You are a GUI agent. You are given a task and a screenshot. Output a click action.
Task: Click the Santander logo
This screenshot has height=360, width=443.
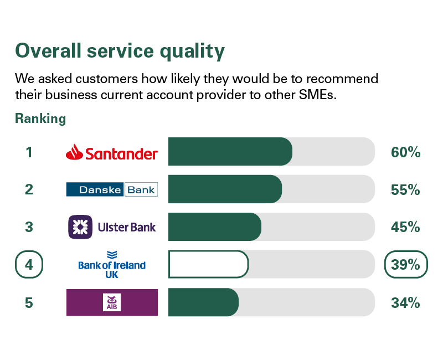112,152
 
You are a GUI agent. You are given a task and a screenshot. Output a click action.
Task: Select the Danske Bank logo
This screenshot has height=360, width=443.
112,189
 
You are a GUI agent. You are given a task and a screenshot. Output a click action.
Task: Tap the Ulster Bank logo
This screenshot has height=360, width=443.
112,227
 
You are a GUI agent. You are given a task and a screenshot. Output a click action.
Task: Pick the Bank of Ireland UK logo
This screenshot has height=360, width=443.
112,265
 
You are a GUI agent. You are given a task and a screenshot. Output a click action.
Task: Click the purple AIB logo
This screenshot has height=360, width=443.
112,302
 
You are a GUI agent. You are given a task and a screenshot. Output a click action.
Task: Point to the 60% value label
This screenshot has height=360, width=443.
406,152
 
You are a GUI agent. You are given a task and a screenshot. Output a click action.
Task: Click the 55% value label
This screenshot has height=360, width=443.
405,189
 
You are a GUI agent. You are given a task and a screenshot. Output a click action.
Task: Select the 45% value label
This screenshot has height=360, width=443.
405,227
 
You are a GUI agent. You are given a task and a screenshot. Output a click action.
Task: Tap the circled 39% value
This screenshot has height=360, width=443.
406,265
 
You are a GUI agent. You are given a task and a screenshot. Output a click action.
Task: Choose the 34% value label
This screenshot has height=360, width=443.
405,302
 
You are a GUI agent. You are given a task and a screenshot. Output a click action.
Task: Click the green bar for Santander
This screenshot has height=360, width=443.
230,151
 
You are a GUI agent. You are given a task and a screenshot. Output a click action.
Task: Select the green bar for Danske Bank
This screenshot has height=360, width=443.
225,189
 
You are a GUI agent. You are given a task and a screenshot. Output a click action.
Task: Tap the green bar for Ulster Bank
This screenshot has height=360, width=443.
215,227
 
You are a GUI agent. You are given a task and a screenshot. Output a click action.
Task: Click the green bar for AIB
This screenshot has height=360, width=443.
203,302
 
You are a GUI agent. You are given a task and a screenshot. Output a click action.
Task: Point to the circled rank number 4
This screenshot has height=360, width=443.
29,265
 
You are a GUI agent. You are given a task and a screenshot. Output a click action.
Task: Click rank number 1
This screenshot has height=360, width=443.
29,152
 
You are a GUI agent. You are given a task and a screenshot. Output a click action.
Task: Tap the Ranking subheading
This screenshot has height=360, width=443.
40,119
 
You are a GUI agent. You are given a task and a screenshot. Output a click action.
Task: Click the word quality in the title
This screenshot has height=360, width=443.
192,51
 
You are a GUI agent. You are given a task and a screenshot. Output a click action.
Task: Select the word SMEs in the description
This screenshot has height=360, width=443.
317,95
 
